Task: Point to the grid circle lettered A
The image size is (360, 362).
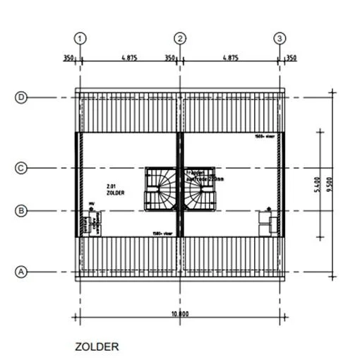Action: pyautogui.click(x=21, y=272)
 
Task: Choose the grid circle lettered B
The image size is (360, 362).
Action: pyautogui.click(x=21, y=210)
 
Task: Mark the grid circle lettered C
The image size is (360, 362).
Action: pyautogui.click(x=21, y=168)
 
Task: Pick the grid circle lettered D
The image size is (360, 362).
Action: pyautogui.click(x=21, y=98)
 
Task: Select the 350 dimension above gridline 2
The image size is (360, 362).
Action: pyautogui.click(x=170, y=58)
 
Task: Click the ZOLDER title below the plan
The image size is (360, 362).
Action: pyautogui.click(x=97, y=346)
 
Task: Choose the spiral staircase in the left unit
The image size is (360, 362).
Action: pyautogui.click(x=160, y=189)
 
